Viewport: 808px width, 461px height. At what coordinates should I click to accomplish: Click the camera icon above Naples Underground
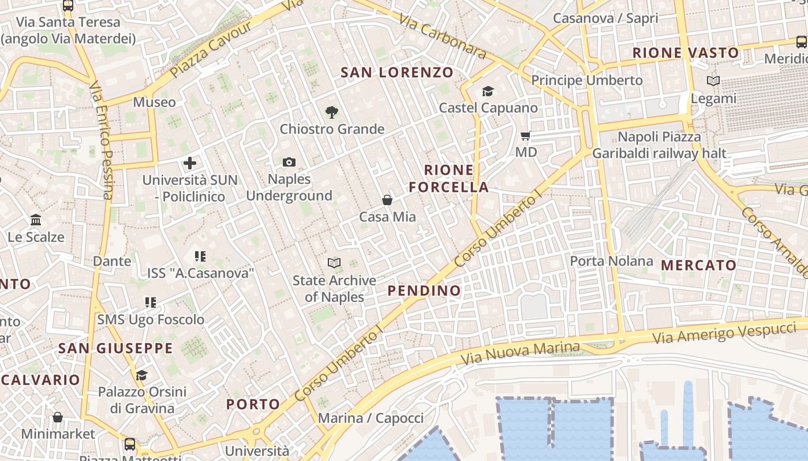click(x=289, y=163)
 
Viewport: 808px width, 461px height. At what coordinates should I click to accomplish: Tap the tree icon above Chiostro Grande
click(x=332, y=112)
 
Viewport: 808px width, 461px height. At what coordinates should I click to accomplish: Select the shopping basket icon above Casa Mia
click(x=387, y=200)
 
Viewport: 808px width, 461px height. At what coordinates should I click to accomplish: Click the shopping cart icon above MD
click(x=525, y=136)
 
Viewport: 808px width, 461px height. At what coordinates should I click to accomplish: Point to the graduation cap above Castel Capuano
click(x=488, y=92)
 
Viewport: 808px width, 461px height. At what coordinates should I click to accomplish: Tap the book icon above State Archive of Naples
click(x=334, y=263)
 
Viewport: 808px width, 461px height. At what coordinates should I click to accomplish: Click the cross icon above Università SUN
click(x=190, y=163)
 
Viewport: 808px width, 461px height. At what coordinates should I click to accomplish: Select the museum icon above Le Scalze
click(x=36, y=220)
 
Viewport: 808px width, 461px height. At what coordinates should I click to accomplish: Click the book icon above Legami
click(x=713, y=81)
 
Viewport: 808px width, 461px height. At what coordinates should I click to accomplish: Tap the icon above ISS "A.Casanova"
click(x=200, y=256)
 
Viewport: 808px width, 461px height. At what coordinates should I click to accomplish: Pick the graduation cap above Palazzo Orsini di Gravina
click(x=141, y=376)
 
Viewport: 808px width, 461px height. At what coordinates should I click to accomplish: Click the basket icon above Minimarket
click(x=58, y=417)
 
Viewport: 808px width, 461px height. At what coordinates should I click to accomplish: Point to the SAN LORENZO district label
click(x=397, y=73)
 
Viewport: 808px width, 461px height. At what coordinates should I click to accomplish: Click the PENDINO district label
click(x=424, y=290)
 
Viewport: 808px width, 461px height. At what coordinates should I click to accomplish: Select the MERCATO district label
click(x=698, y=266)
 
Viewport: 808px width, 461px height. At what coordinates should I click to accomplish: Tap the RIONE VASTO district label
click(x=686, y=53)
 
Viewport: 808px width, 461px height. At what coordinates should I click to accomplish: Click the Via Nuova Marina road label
click(x=520, y=353)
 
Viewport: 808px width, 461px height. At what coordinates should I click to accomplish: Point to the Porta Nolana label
click(x=611, y=261)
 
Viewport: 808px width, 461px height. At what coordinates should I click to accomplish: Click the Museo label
click(x=154, y=103)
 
